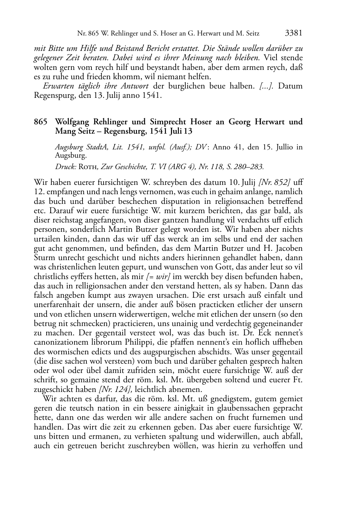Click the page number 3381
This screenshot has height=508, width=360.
[294, 33]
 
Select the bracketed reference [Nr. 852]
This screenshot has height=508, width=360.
[274, 182]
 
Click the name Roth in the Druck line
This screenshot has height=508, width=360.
[88, 166]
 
